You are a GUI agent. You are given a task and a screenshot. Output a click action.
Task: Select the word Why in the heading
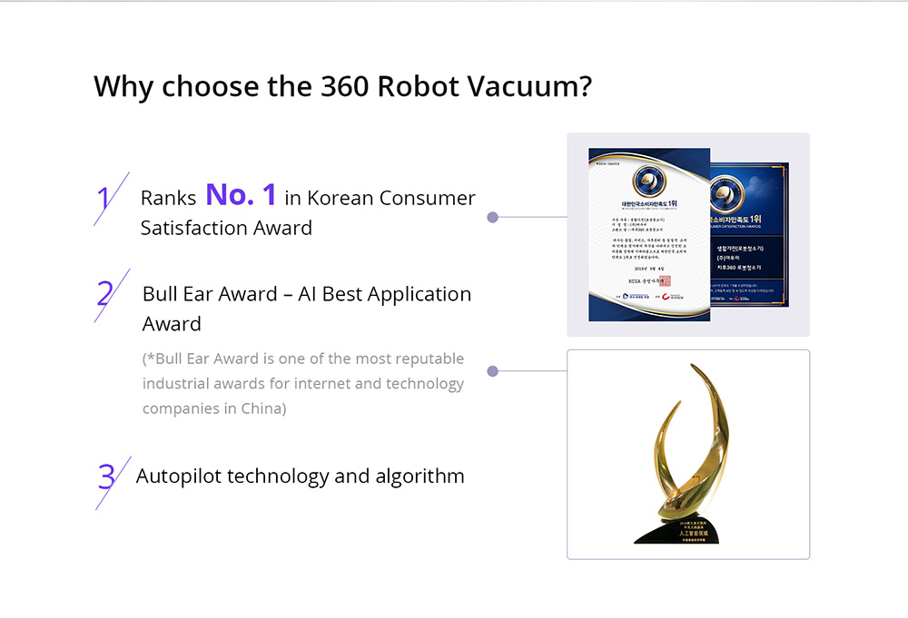123,86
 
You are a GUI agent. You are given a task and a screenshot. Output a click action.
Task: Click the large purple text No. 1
241,194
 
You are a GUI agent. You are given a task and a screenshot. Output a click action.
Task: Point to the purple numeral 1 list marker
104,199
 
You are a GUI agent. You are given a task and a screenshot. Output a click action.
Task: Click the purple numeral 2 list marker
105,294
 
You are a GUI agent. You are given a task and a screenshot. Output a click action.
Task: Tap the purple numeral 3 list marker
106,476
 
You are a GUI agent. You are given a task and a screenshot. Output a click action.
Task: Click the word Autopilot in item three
177,476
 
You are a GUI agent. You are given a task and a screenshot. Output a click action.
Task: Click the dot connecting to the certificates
492,218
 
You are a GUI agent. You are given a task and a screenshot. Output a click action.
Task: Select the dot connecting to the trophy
492,371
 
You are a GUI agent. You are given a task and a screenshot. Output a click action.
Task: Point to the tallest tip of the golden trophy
694,367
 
